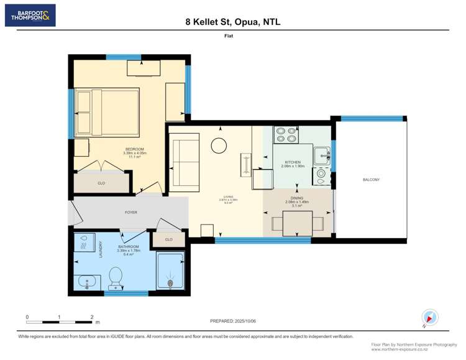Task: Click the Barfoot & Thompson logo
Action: pos(30,16)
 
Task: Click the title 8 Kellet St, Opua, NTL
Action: pos(232,22)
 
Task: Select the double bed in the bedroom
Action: pos(106,112)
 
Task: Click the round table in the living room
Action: pos(219,145)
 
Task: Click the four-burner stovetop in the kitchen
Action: pos(286,135)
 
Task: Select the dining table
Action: pos(298,224)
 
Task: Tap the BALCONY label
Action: pos(371,180)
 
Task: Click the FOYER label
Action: pos(130,213)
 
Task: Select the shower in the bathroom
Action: pos(170,270)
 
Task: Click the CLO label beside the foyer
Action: pos(168,239)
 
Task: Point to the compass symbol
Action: pos(429,317)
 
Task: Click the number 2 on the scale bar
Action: pos(92,317)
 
